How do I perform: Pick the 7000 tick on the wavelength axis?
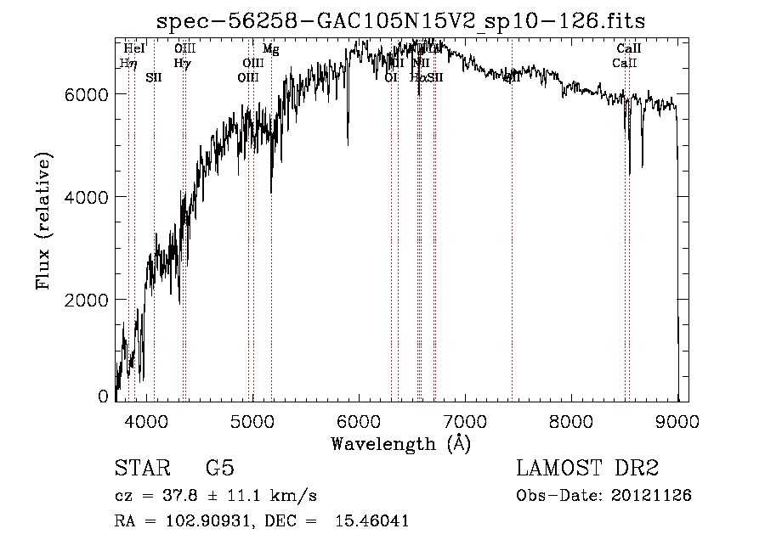[x=465, y=419]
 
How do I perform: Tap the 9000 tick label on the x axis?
[x=677, y=419]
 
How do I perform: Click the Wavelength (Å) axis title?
[x=400, y=442]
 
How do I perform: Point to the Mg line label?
[x=270, y=50]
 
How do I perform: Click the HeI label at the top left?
[x=134, y=49]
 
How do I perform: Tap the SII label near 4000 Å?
[x=154, y=77]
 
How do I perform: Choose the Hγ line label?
[x=182, y=63]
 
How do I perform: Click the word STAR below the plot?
[x=142, y=469]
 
